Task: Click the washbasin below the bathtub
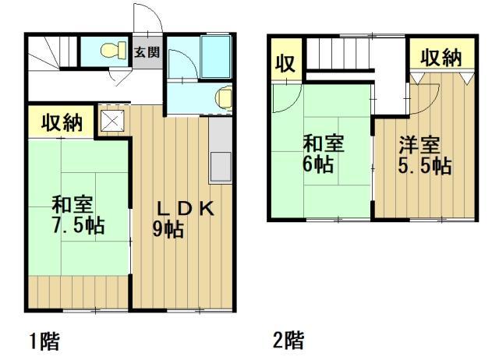221,97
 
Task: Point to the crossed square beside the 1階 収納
110,121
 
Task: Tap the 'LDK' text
185,208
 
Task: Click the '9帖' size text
168,229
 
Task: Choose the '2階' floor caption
288,341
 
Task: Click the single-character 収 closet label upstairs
286,64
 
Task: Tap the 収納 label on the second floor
441,57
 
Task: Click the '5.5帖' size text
424,166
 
